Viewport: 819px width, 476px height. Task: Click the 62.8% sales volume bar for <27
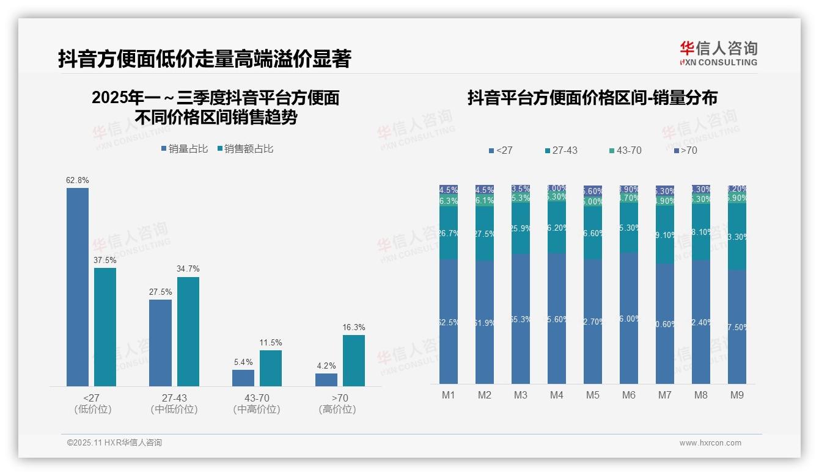tap(78, 287)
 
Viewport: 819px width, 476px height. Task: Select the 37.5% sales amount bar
tap(105, 326)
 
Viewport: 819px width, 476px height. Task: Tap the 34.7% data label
tap(188, 269)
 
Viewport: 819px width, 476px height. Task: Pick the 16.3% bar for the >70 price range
tap(354, 360)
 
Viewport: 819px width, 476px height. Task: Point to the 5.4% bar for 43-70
tap(243, 378)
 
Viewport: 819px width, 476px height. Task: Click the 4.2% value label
tap(326, 366)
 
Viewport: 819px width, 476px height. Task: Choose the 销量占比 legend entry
tap(185, 149)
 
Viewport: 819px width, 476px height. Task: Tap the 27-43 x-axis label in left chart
tap(174, 398)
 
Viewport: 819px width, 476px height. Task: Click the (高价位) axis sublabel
tap(337, 409)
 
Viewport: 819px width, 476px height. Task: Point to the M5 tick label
tap(593, 395)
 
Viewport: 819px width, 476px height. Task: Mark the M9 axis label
tap(737, 395)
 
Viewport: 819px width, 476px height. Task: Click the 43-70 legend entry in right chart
tap(625, 150)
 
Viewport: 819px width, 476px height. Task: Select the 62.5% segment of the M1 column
tap(449, 322)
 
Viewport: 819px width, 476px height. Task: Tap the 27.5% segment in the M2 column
tap(485, 234)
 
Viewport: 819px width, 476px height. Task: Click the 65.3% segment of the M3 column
tap(521, 319)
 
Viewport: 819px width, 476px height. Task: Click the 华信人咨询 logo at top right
tap(718, 53)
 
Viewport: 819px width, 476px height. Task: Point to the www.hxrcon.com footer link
tap(710, 443)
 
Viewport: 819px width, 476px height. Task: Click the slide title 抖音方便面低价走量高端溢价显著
tap(205, 59)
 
